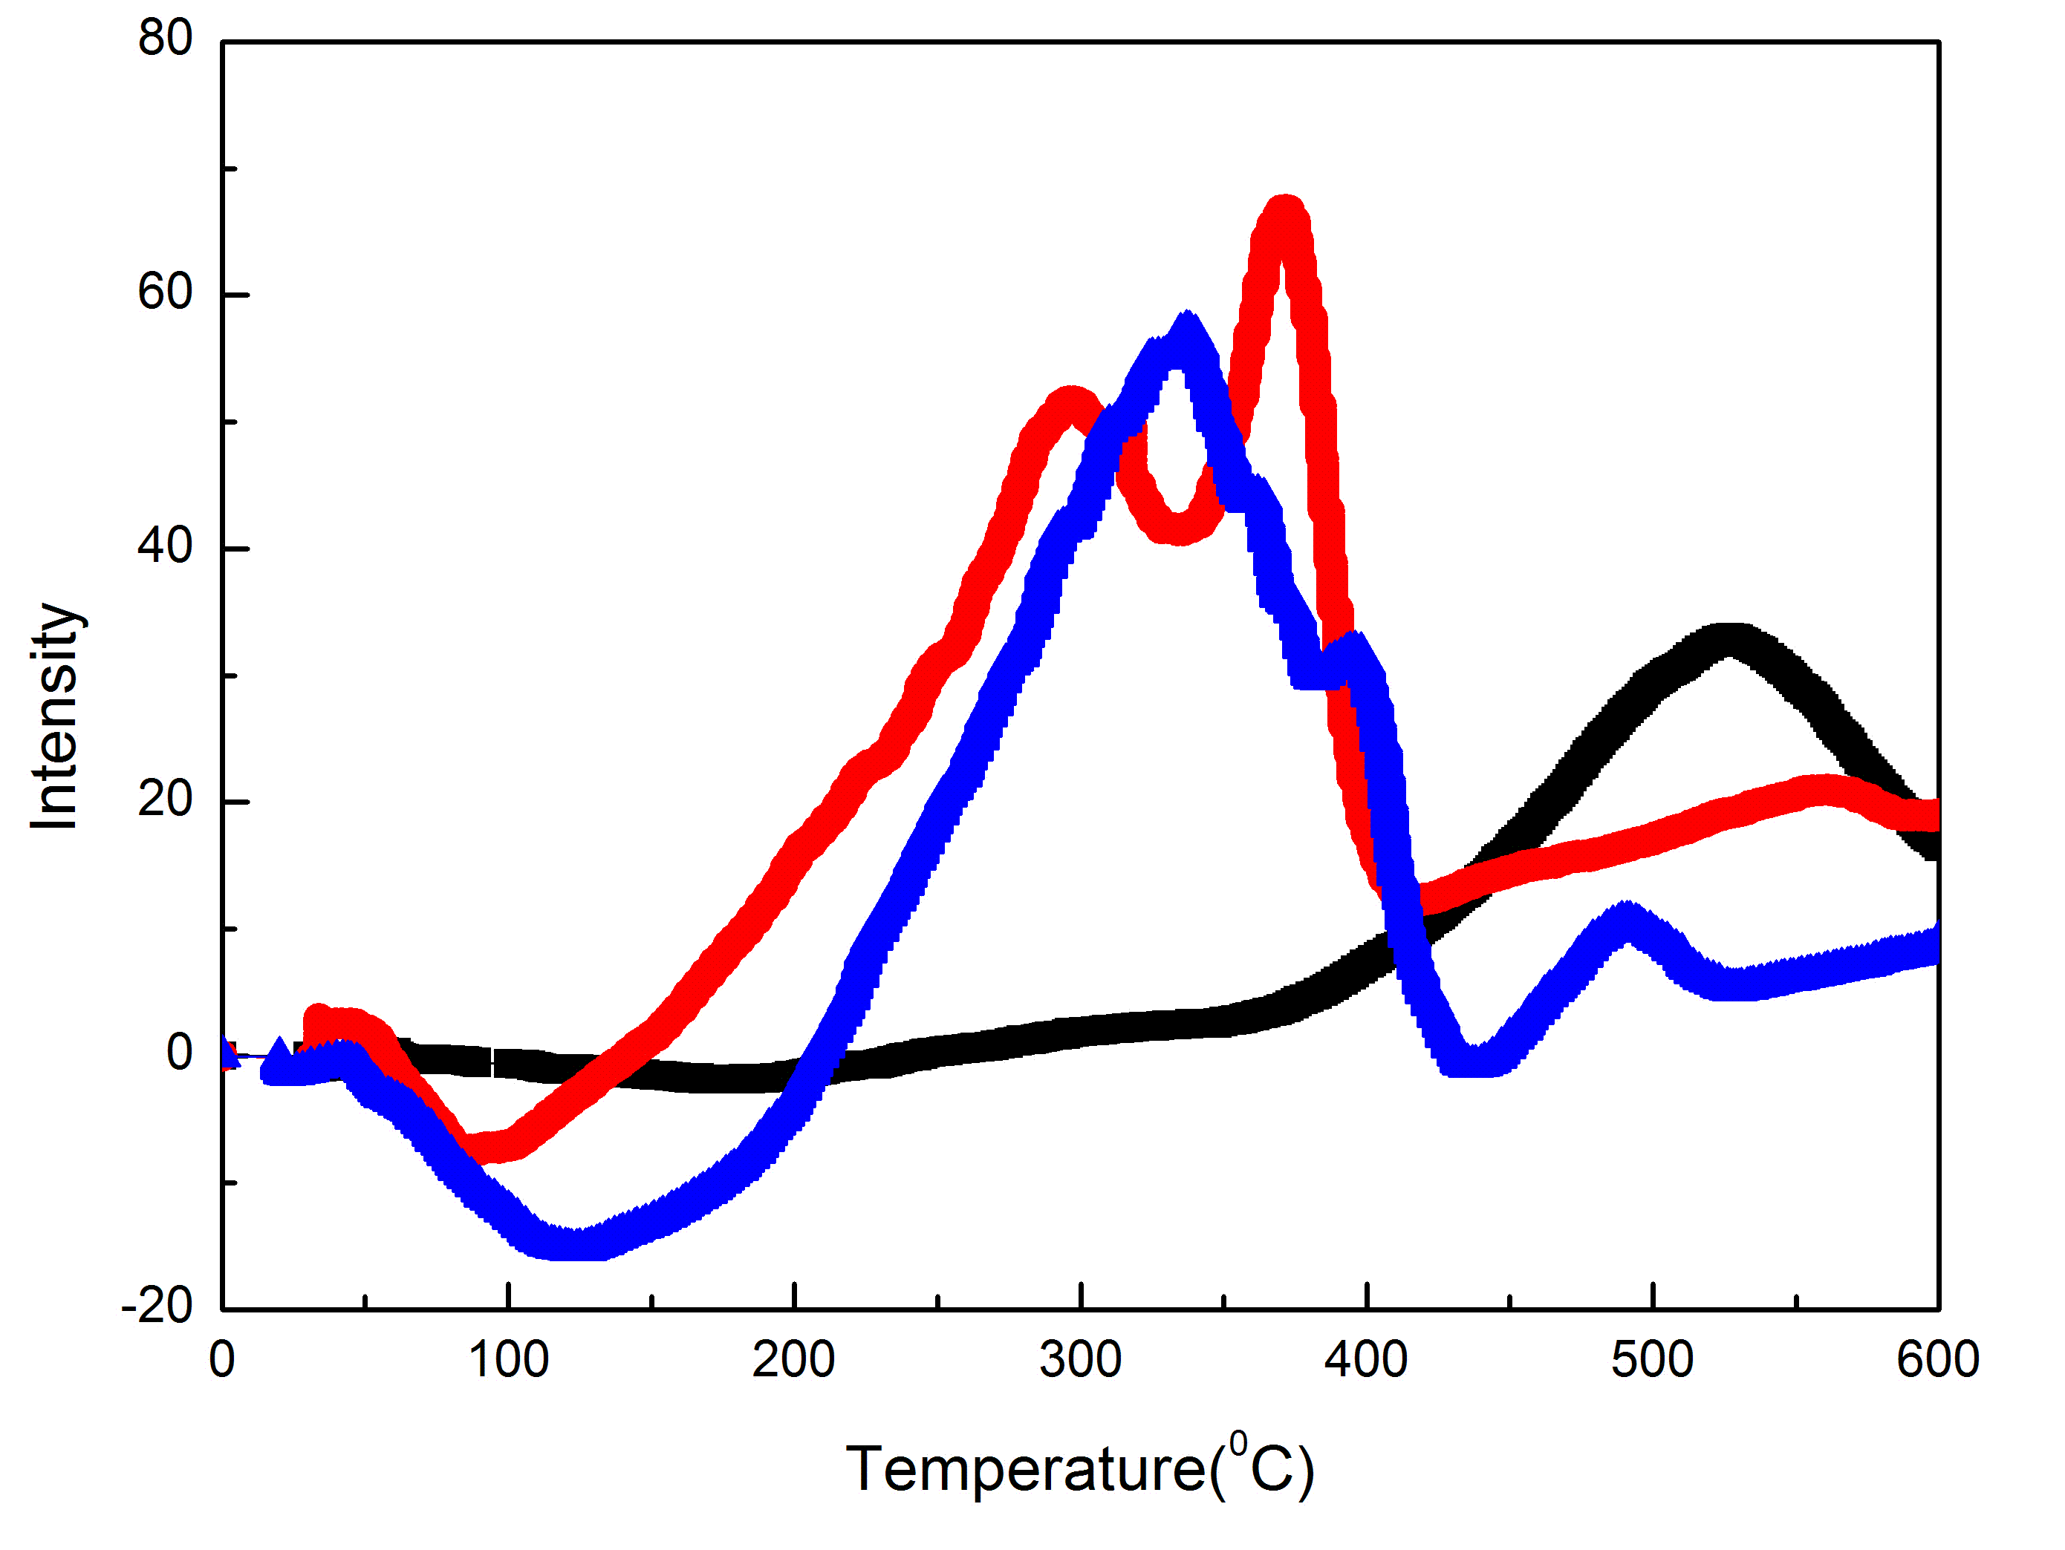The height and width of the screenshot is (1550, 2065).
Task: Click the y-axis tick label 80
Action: pyautogui.click(x=164, y=39)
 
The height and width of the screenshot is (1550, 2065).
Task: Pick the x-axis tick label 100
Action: pyautogui.click(x=508, y=1360)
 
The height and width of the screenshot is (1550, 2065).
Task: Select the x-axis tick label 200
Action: pyautogui.click(x=793, y=1360)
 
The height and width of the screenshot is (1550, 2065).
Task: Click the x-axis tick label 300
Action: pyautogui.click(x=1080, y=1360)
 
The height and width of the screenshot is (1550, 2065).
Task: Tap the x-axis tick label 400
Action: pyautogui.click(x=1366, y=1360)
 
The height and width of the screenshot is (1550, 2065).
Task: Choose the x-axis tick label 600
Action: pyautogui.click(x=1938, y=1360)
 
